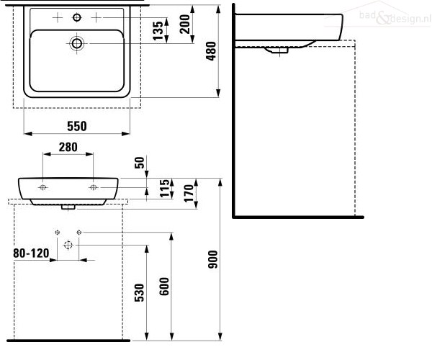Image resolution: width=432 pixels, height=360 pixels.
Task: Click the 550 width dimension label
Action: tap(77, 126)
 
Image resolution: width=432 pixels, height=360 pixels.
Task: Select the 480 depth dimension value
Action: tap(212, 51)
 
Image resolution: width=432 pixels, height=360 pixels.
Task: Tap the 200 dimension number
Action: tap(184, 24)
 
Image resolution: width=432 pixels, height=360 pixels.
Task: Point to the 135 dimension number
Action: tap(158, 31)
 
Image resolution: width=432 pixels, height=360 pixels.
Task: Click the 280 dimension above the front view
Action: tap(68, 147)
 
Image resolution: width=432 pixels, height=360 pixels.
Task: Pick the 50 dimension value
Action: tap(140, 163)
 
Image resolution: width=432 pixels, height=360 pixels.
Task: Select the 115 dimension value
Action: tap(165, 188)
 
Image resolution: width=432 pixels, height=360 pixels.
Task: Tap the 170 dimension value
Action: tap(189, 194)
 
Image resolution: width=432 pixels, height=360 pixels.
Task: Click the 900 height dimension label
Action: tap(212, 259)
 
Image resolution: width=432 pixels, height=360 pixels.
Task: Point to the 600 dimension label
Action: tap(164, 287)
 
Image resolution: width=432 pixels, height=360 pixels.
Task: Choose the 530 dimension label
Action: tap(140, 292)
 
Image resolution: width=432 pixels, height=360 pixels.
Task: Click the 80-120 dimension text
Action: tap(32, 253)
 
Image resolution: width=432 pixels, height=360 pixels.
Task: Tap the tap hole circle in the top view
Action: tap(77, 17)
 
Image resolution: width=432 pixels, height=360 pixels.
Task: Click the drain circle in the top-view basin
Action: tap(77, 43)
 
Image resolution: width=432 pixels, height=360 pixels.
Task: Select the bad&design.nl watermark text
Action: tap(395, 17)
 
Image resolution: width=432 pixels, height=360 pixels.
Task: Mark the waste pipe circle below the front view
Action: tap(68, 245)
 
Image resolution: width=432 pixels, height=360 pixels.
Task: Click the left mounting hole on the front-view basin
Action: tap(43, 188)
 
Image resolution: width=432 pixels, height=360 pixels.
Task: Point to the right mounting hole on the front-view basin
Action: tap(94, 188)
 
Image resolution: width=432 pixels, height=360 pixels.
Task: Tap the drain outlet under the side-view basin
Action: tap(277, 50)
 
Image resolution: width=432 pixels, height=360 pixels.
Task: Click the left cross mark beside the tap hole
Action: tap(58, 17)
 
